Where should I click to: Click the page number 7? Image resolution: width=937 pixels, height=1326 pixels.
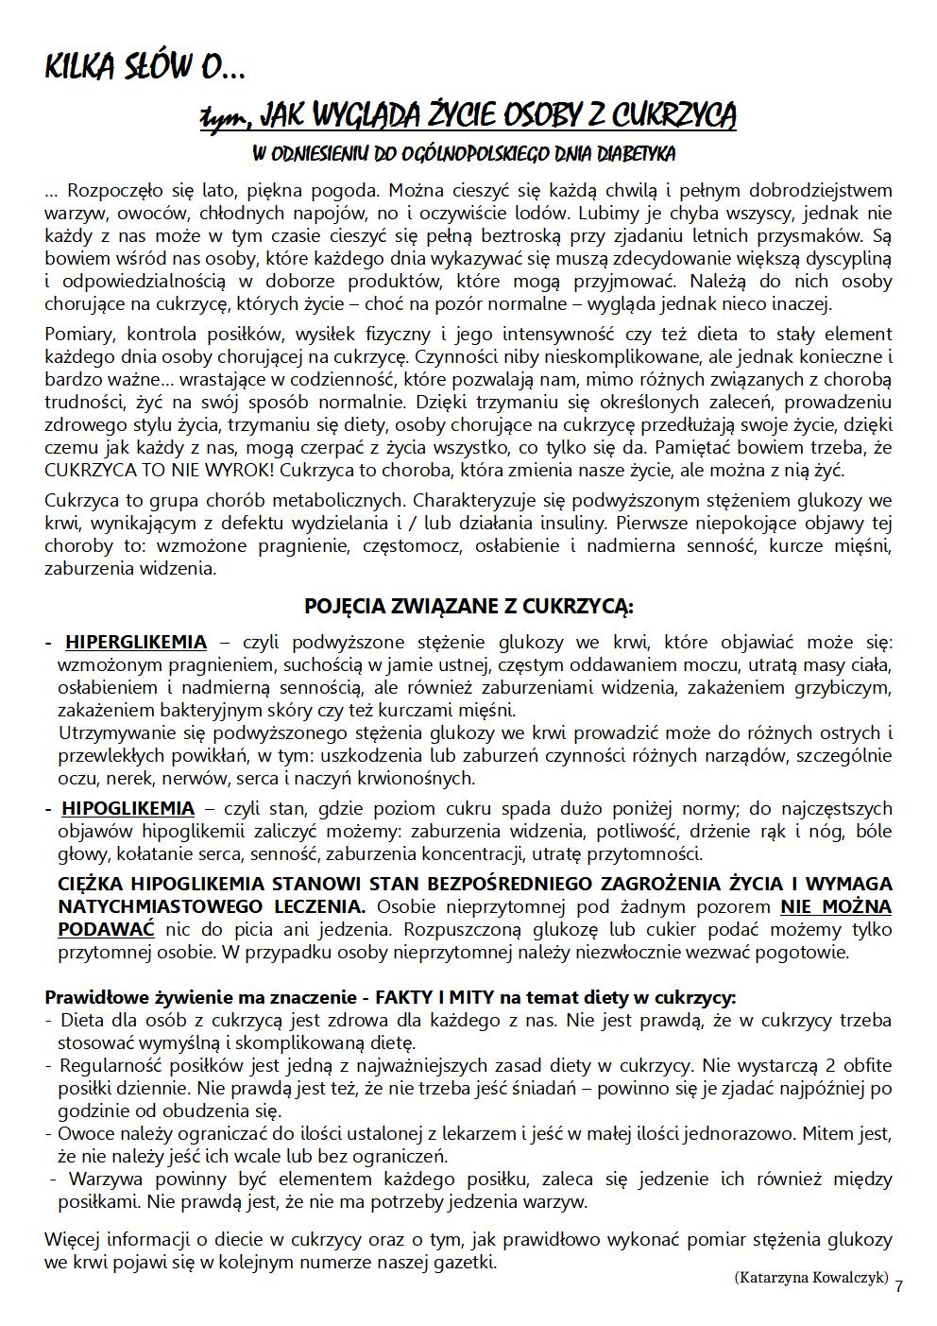click(x=898, y=1286)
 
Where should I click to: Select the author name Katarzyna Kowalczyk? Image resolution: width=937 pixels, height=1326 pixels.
click(x=810, y=1277)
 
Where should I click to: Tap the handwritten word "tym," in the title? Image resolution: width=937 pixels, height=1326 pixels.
click(x=226, y=118)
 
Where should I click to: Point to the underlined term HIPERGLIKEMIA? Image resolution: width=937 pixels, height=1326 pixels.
click(x=135, y=643)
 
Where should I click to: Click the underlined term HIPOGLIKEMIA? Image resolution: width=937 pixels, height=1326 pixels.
click(x=128, y=809)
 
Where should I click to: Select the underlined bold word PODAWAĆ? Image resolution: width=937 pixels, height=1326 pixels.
click(x=106, y=929)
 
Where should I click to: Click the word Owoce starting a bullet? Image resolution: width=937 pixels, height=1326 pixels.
click(x=83, y=1133)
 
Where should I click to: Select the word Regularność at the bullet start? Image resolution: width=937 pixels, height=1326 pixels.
click(x=107, y=1065)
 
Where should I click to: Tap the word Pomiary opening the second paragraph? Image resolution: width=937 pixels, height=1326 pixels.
click(x=78, y=334)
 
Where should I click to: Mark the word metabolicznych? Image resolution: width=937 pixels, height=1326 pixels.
click(x=332, y=500)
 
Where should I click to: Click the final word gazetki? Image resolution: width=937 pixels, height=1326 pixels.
click(x=463, y=1263)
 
